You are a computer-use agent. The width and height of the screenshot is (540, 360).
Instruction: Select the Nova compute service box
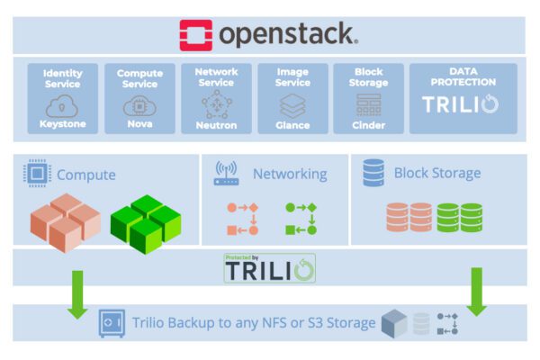tap(139, 98)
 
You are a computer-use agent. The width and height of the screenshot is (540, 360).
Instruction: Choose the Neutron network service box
tap(216, 98)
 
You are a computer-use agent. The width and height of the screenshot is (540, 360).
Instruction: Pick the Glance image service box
tap(292, 98)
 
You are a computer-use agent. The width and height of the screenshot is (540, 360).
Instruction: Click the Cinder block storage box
tap(368, 98)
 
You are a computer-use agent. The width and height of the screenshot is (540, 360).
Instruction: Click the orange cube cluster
tap(65, 222)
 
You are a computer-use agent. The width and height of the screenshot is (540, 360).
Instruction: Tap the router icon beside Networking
tap(226, 173)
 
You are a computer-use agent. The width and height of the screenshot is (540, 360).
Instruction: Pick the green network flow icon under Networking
tap(301, 219)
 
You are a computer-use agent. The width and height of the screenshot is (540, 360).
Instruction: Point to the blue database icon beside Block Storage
tap(374, 173)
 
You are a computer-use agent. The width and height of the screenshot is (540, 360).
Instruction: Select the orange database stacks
tap(409, 218)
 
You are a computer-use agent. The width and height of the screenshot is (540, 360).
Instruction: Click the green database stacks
tap(459, 218)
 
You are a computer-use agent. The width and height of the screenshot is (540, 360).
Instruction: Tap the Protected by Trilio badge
tap(270, 268)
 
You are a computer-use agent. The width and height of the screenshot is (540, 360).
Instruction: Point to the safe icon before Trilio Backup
tap(112, 322)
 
